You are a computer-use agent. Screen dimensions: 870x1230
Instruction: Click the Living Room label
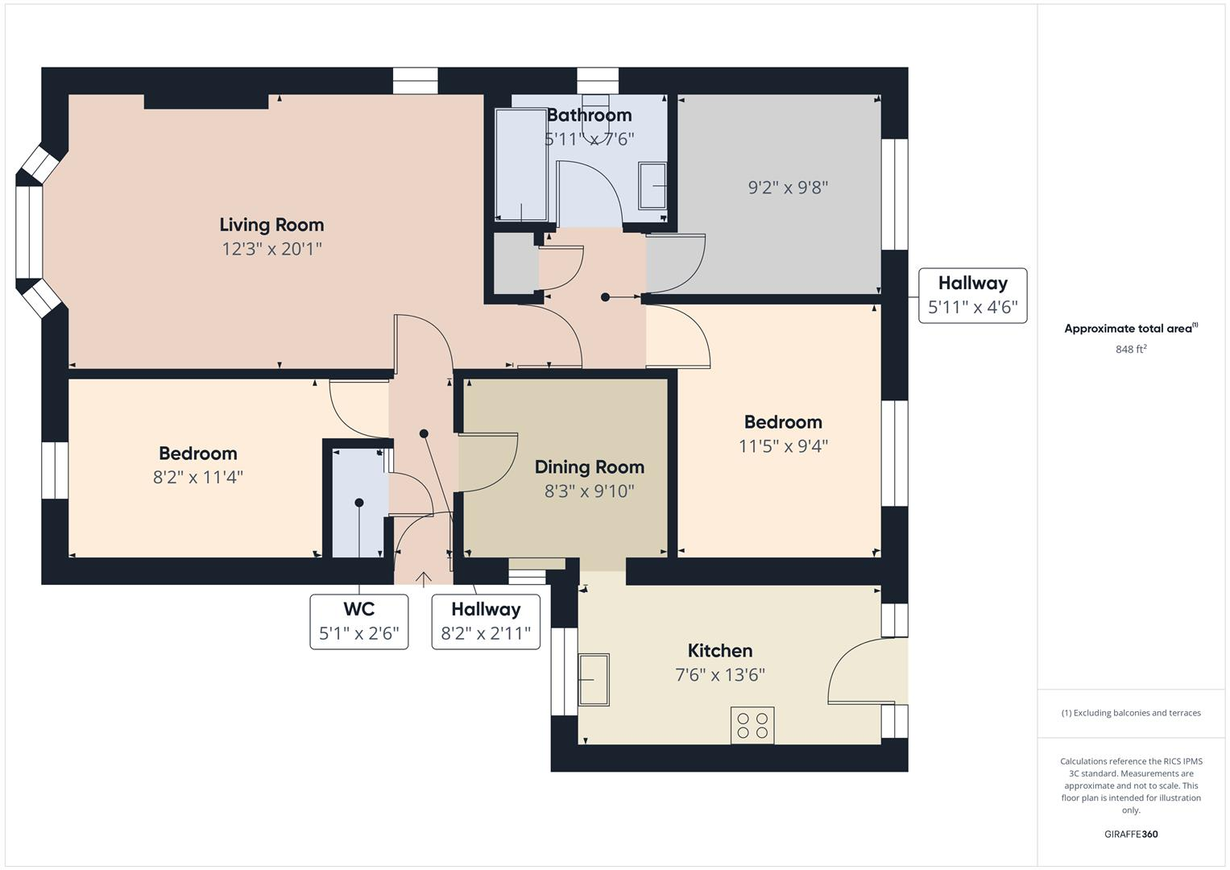(271, 225)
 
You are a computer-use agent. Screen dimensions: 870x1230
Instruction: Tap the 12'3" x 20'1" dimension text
(271, 249)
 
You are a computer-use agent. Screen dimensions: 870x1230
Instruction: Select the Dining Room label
(589, 467)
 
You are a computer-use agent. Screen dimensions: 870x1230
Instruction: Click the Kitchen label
(719, 651)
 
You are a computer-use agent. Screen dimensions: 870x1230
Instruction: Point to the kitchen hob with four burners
(752, 725)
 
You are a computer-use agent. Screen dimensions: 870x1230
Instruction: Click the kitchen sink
(594, 679)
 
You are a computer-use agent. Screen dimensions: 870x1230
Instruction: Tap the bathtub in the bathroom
(521, 164)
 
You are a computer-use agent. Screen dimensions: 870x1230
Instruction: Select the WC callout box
(358, 621)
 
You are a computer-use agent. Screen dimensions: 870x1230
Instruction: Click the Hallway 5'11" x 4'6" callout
(972, 296)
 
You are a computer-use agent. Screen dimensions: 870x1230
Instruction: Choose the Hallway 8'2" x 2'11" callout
(486, 621)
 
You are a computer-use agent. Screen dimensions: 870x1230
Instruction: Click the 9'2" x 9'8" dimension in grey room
(788, 188)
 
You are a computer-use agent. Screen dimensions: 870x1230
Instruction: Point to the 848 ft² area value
(1130, 350)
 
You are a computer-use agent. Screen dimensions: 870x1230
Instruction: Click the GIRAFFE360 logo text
(1130, 834)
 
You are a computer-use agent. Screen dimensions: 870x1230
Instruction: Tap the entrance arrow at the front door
(423, 578)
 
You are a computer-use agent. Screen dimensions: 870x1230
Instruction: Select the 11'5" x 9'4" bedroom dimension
(783, 446)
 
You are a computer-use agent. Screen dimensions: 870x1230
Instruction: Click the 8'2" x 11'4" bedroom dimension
(197, 478)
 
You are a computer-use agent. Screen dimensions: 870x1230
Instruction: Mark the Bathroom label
(589, 115)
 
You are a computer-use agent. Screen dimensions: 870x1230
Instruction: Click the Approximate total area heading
(1130, 329)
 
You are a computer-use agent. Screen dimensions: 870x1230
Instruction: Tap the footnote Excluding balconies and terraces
(1130, 713)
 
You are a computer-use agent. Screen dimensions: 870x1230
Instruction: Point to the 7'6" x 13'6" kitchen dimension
(719, 675)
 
